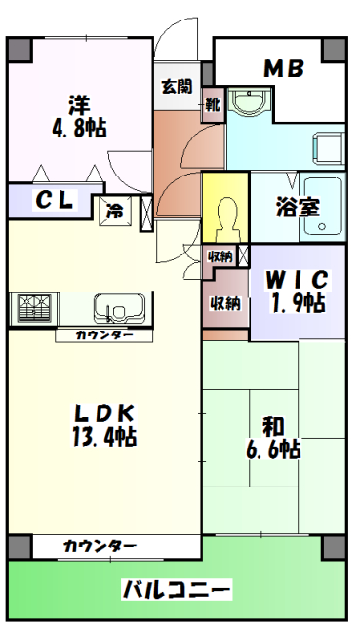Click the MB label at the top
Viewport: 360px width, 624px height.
[x=284, y=68]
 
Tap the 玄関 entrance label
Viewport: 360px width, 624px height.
[x=177, y=86]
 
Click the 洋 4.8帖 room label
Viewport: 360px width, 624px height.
[x=79, y=115]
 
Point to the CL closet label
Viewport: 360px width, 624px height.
[x=54, y=200]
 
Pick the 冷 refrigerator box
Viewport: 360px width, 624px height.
[x=115, y=210]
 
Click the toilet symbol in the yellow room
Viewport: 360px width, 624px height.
[x=225, y=215]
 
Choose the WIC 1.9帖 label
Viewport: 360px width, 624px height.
[x=299, y=291]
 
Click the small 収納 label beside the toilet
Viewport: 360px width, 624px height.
[x=220, y=256]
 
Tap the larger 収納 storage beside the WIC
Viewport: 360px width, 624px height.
[x=225, y=302]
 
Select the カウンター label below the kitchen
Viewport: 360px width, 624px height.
[x=103, y=335]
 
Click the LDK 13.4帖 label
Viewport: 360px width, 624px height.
[x=101, y=424]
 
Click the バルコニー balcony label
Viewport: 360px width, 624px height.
[x=177, y=589]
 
